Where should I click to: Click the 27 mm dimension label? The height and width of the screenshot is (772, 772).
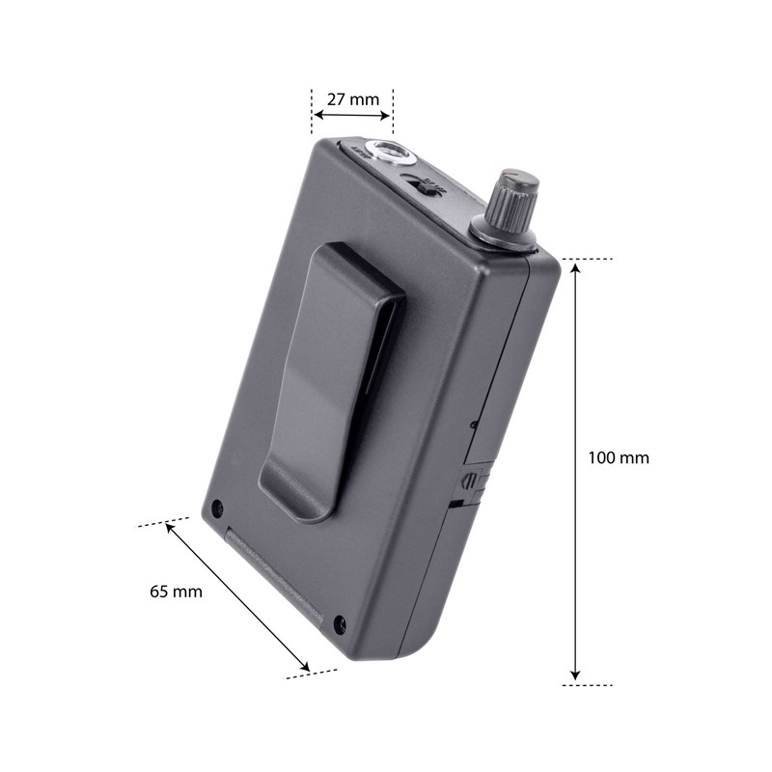(x=352, y=97)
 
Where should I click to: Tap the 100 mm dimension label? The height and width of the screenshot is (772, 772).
(x=619, y=457)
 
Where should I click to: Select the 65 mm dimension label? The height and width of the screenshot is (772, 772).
(x=176, y=592)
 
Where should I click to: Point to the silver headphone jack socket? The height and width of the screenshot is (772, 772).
(x=391, y=152)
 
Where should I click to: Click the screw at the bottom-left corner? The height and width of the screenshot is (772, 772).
(x=217, y=508)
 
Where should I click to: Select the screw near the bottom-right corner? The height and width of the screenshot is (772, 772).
(x=339, y=624)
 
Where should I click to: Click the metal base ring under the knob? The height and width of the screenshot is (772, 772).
(x=504, y=236)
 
